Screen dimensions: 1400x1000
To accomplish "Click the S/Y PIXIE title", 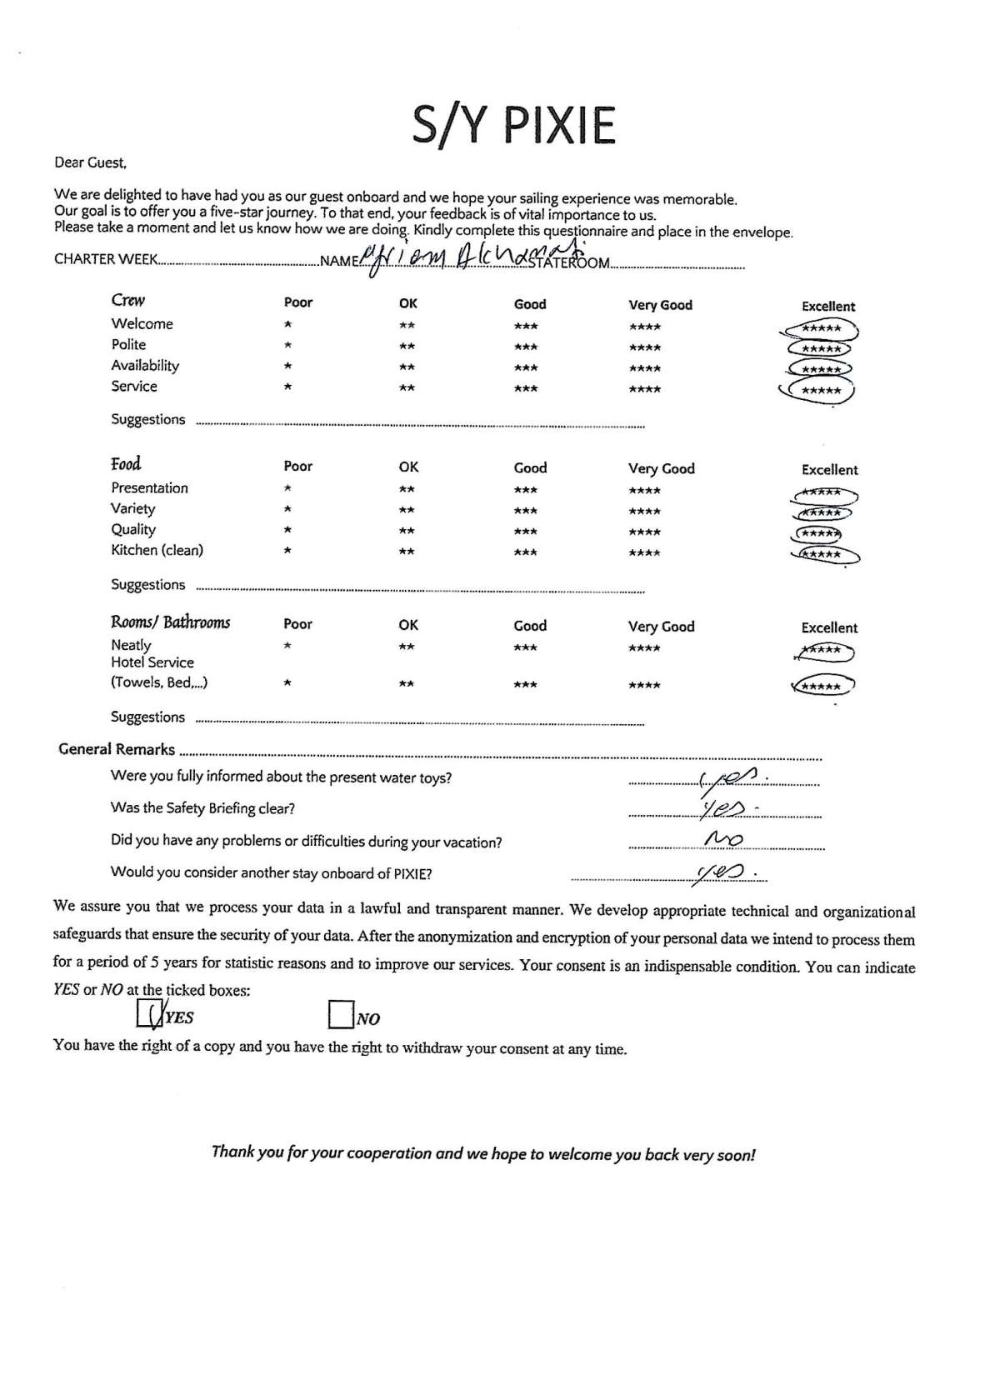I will coord(513,125).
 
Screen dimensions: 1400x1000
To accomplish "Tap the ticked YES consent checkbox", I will coord(148,1013).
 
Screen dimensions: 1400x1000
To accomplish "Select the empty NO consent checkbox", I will coord(341,1014).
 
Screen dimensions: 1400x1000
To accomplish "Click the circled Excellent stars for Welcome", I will coord(821,329).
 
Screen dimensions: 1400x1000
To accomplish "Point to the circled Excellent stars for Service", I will coord(821,390).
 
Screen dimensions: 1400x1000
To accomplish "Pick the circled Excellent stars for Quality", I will coord(819,533).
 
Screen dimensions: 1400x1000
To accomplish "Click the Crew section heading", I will coord(127,301).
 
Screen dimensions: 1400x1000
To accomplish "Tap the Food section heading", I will coord(126,464).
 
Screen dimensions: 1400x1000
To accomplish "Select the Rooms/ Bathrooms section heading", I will coord(170,622).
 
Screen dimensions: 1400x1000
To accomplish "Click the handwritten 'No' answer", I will coord(723,839).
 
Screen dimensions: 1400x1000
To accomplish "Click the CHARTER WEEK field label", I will coord(106,259).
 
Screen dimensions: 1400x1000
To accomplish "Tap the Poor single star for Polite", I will coord(287,346).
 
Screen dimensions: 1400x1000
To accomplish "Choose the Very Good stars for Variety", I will coord(645,512).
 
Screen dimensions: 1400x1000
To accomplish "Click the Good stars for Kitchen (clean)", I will coord(525,552).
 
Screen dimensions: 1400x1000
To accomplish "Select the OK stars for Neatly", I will coord(407,647).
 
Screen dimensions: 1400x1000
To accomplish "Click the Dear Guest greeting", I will coord(90,163).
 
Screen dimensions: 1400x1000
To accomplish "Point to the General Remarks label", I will coord(117,749).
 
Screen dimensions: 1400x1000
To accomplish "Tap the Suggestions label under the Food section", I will coord(148,585).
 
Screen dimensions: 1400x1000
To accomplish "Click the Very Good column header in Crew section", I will coord(660,305).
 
